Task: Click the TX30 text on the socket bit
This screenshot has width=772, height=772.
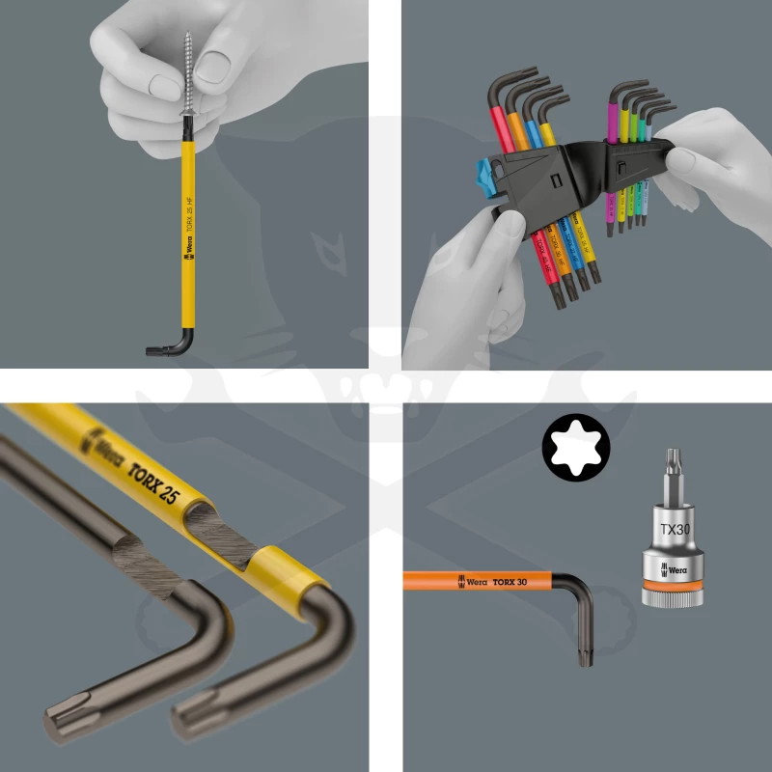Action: [675, 529]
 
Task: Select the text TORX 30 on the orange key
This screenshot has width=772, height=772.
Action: [510, 581]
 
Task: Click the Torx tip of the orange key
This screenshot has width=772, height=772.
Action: [585, 653]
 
